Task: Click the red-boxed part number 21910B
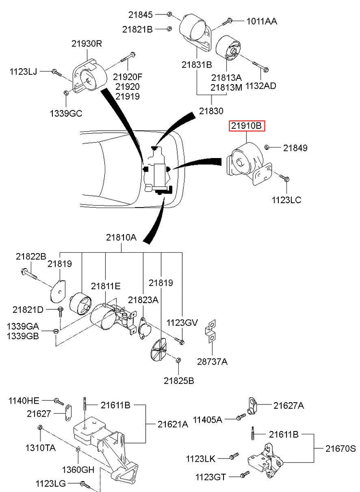pos(247,126)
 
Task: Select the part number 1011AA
pos(261,21)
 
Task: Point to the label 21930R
pos(87,44)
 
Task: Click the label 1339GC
pos(66,113)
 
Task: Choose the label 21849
pos(295,148)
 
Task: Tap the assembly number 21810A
pos(121,237)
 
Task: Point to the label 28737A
pos(211,361)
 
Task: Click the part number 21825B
pos(178,381)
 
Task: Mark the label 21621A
pos(173,424)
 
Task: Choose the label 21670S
pos(340,448)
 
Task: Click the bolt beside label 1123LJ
pos(56,73)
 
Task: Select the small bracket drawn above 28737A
pos(211,331)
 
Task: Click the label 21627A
pos(288,406)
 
